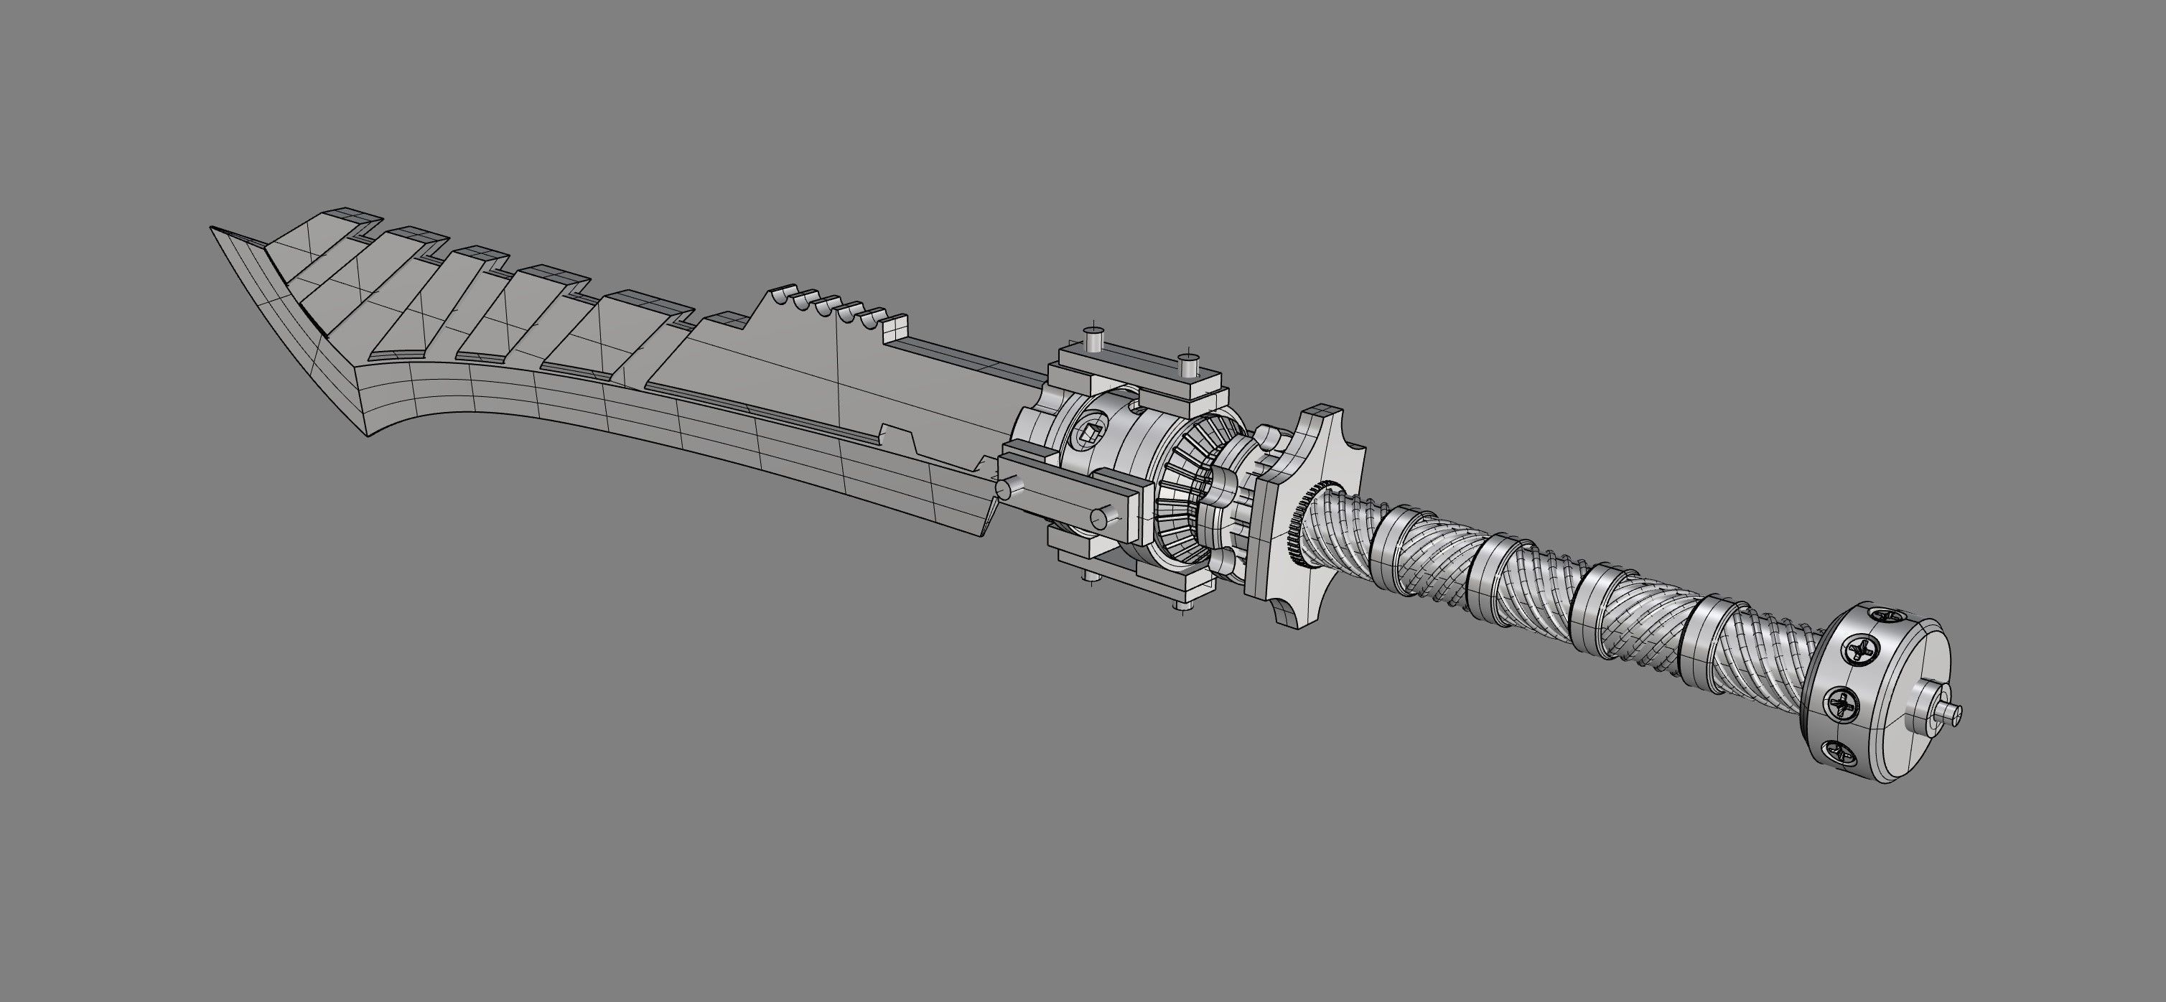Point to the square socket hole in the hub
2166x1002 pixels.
(x=1088, y=434)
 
